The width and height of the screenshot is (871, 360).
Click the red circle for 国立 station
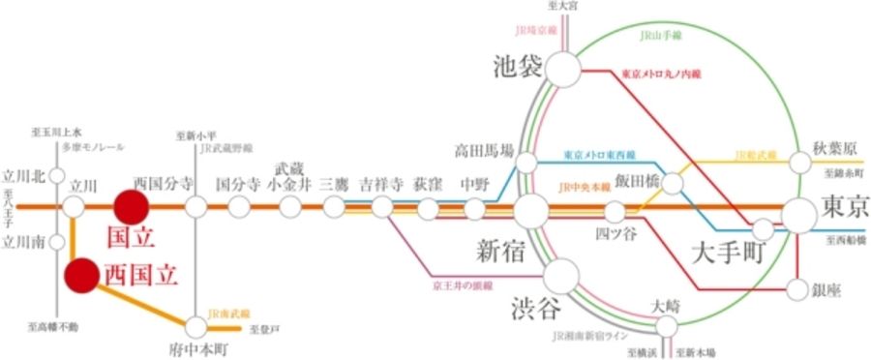coord(130,205)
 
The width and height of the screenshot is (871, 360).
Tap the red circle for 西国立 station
coord(81,276)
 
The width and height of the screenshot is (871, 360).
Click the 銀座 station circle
coord(798,288)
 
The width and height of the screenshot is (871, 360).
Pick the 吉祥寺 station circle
coord(382,206)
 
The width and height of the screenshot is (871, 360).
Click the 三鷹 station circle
coord(334,206)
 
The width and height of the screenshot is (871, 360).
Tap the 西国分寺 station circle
coord(196,206)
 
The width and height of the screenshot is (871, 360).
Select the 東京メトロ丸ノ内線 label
coord(660,73)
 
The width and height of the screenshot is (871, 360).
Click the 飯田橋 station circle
coord(671,181)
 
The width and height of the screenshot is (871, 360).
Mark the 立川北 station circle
coord(57,176)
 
